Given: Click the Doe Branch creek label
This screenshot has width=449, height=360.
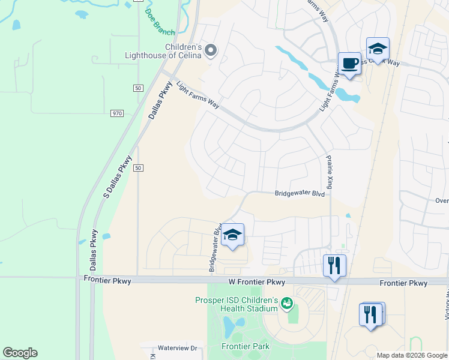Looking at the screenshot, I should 159,22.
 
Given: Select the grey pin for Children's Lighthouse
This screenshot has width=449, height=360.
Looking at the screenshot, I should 211,50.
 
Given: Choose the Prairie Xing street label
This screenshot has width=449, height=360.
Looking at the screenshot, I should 329,170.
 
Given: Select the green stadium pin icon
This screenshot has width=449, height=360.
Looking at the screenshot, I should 288,304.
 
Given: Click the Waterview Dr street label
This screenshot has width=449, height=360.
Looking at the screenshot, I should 177,348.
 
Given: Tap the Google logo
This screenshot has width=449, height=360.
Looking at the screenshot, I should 20,353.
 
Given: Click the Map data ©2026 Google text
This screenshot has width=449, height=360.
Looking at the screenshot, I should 412,355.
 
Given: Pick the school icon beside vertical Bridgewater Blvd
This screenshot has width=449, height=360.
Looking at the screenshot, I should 232,235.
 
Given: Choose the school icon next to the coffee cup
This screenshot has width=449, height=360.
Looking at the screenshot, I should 378,49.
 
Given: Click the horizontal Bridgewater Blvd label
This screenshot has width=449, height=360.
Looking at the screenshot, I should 300,194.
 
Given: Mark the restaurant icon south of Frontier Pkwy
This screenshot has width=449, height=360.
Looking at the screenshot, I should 371,314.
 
